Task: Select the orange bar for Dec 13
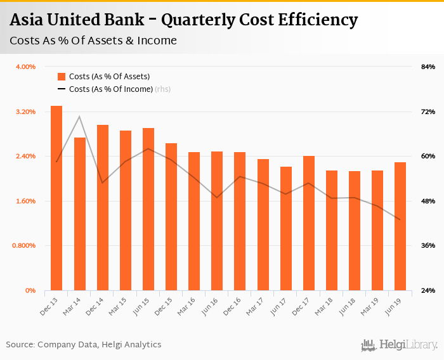point(56,198)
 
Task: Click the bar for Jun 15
point(148,209)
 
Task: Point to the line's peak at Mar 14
point(79,116)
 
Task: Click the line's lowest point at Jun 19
point(400,220)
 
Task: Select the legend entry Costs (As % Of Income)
point(111,89)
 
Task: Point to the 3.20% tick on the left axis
point(25,112)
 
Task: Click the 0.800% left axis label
point(24,246)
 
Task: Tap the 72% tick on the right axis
point(428,112)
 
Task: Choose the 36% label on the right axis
point(428,246)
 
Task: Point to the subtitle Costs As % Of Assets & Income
point(93,41)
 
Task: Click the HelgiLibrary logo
point(400,345)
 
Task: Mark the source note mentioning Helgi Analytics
point(84,345)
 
